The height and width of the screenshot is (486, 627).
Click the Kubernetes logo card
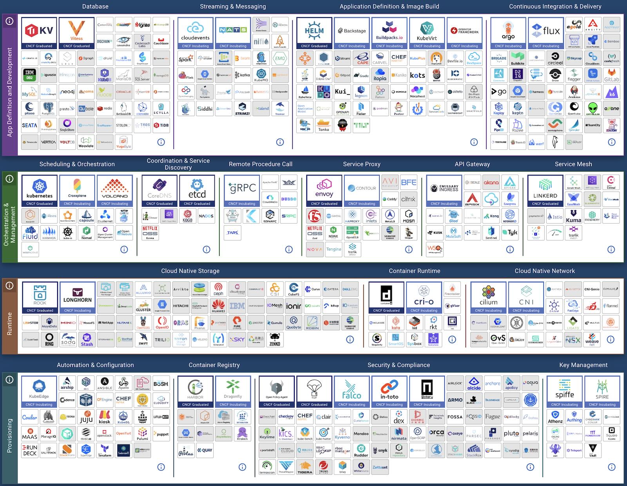point(39,190)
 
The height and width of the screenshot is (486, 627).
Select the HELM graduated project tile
point(314,33)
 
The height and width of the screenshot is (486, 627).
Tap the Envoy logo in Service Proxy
point(324,190)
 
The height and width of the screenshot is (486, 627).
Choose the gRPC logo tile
point(242,190)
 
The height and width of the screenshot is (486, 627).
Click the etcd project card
point(197,190)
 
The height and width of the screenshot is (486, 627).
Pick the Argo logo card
point(508,33)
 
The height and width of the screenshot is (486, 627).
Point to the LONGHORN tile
point(77,297)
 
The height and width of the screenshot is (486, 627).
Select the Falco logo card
point(352,391)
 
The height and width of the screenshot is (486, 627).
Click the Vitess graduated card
point(76,33)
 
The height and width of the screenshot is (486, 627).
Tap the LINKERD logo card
point(545,190)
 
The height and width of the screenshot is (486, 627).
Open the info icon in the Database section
point(161,142)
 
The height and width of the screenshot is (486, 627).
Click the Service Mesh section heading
point(573,164)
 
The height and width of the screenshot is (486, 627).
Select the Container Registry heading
point(214,365)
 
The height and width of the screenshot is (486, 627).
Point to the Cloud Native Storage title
point(190,271)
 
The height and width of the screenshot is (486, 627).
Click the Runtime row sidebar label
point(9,324)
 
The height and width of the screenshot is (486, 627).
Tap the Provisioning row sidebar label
point(9,435)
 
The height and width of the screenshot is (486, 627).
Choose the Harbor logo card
point(195,391)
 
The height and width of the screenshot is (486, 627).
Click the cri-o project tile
point(424,297)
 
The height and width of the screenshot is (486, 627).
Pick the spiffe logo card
point(564,391)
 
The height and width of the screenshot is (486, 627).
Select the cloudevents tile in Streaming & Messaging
point(195,33)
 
